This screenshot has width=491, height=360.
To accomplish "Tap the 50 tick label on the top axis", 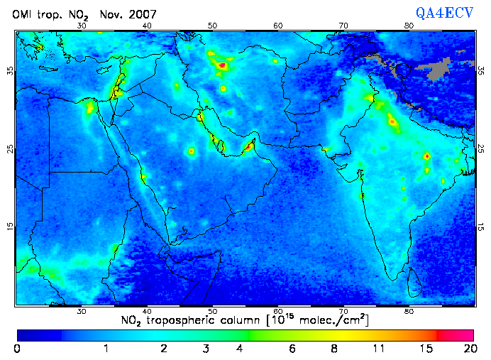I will coord(212,26).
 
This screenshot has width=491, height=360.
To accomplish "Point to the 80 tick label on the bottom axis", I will coord(409,311).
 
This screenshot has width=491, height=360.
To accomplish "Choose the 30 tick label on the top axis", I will coord(82,26).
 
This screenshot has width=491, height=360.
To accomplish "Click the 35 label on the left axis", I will coord(9,71).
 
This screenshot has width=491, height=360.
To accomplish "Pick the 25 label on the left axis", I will coord(9,149).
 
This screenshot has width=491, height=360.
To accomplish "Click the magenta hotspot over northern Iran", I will coord(223,65).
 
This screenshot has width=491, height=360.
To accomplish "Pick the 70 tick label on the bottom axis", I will coord(343,311).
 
